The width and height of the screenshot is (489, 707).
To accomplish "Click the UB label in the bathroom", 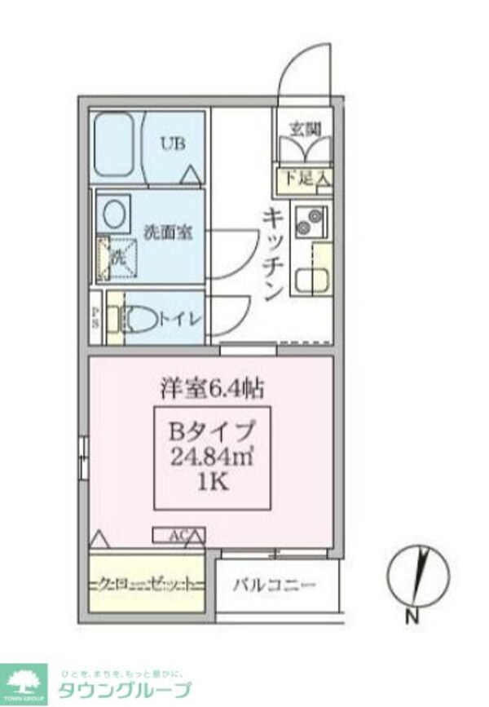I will pyautogui.click(x=172, y=144).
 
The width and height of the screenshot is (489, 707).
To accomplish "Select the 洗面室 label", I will pyautogui.click(x=167, y=232).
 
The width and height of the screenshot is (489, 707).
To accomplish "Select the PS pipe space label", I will pyautogui.click(x=95, y=316).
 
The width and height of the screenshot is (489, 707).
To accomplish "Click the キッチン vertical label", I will pyautogui.click(x=274, y=254).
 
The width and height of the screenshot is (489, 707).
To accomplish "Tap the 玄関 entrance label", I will pyautogui.click(x=306, y=128).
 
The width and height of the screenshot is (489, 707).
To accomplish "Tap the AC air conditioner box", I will pyautogui.click(x=178, y=536).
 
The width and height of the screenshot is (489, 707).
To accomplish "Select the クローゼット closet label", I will pyautogui.click(x=147, y=584).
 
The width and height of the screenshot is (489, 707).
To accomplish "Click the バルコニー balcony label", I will pyautogui.click(x=275, y=584).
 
